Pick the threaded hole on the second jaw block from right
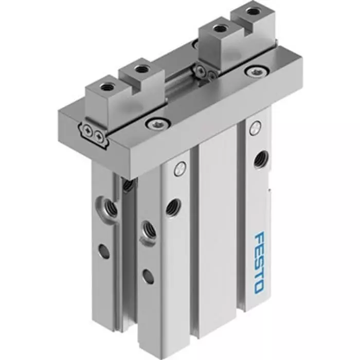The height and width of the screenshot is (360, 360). coord(220,26)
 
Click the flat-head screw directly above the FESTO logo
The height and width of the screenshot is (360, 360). coord(254,129)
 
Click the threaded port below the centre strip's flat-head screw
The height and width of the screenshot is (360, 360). coord(171,206)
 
